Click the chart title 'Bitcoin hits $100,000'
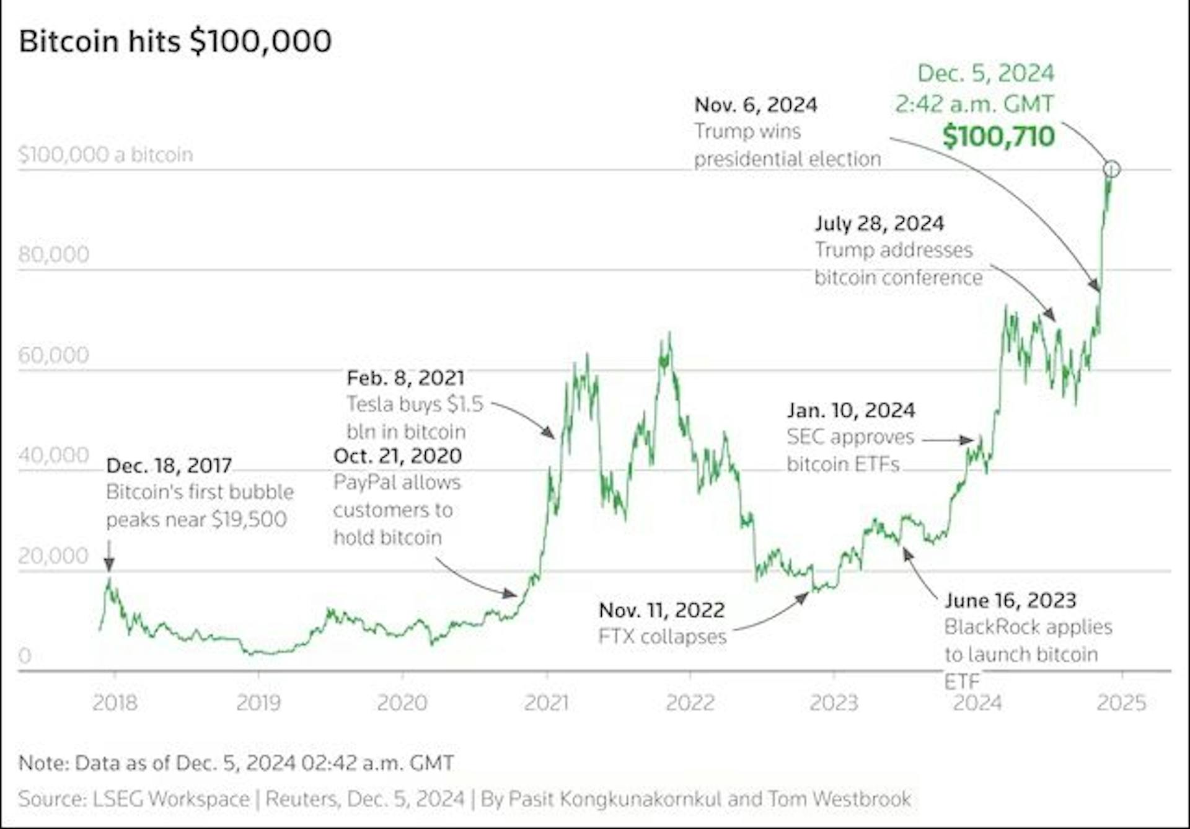point(175,42)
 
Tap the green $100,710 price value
point(998,136)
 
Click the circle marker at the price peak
point(1111,169)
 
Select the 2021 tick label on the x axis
point(546,703)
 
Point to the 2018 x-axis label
point(115,703)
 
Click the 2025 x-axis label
point(1121,703)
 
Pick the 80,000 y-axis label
point(54,254)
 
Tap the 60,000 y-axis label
point(54,355)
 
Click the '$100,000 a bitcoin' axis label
point(106,154)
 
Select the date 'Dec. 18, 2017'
point(169,465)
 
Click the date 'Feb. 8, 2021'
point(405,378)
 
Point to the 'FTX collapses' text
point(662,637)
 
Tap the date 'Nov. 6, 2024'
point(756,104)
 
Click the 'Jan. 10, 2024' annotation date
point(850,410)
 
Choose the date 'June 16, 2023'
point(1010,600)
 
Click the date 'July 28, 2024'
point(879,223)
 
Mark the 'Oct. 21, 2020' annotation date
point(397,456)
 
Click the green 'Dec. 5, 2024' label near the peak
point(985,73)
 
